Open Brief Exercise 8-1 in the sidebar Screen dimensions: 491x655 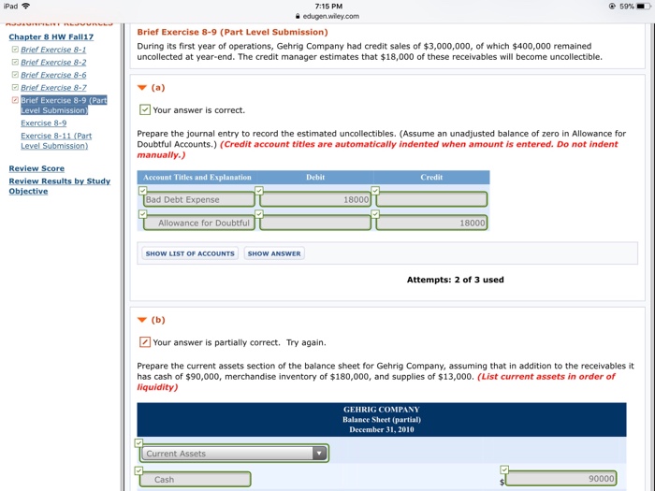pos(53,50)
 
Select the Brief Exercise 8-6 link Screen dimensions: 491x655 pos(53,75)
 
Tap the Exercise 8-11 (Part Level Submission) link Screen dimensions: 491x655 pos(56,140)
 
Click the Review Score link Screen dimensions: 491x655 pos(36,168)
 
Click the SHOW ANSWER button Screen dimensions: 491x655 pos(274,253)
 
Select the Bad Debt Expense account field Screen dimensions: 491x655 pos(198,199)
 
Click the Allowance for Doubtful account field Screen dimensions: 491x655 pos(198,224)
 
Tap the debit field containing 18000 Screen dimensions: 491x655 pos(316,199)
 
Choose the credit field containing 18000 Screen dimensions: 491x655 pos(432,224)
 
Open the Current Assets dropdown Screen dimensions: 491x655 pos(234,454)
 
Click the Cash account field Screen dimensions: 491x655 pos(195,480)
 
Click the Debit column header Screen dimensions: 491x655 pos(315,177)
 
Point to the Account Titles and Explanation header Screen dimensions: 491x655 pos(197,177)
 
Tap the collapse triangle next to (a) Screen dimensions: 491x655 pos(141,88)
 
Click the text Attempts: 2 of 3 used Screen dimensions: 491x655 pos(455,280)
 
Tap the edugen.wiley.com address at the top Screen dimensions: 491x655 pos(327,16)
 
